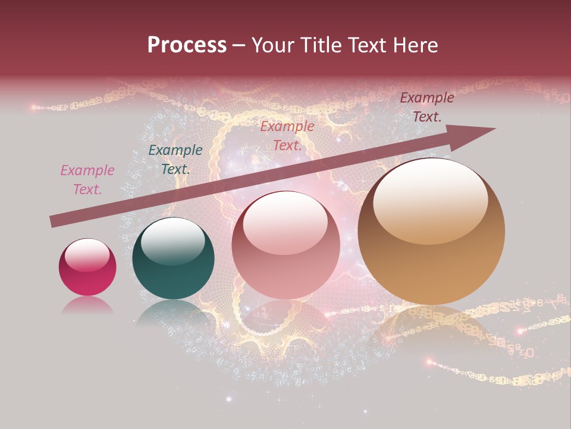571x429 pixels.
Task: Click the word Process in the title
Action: (187, 45)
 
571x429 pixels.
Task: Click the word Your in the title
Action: (274, 45)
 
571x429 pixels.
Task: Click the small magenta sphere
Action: (87, 268)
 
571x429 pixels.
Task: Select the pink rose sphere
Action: (286, 245)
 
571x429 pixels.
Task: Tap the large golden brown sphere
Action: (431, 231)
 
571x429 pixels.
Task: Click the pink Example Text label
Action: (87, 180)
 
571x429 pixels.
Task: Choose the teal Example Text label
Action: (175, 160)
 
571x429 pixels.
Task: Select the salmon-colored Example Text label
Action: (287, 136)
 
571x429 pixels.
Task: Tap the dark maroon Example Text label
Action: (426, 107)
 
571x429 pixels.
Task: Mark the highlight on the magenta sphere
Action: (87, 254)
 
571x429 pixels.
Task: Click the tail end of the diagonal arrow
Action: (52, 221)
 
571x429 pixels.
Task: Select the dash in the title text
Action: (239, 45)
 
